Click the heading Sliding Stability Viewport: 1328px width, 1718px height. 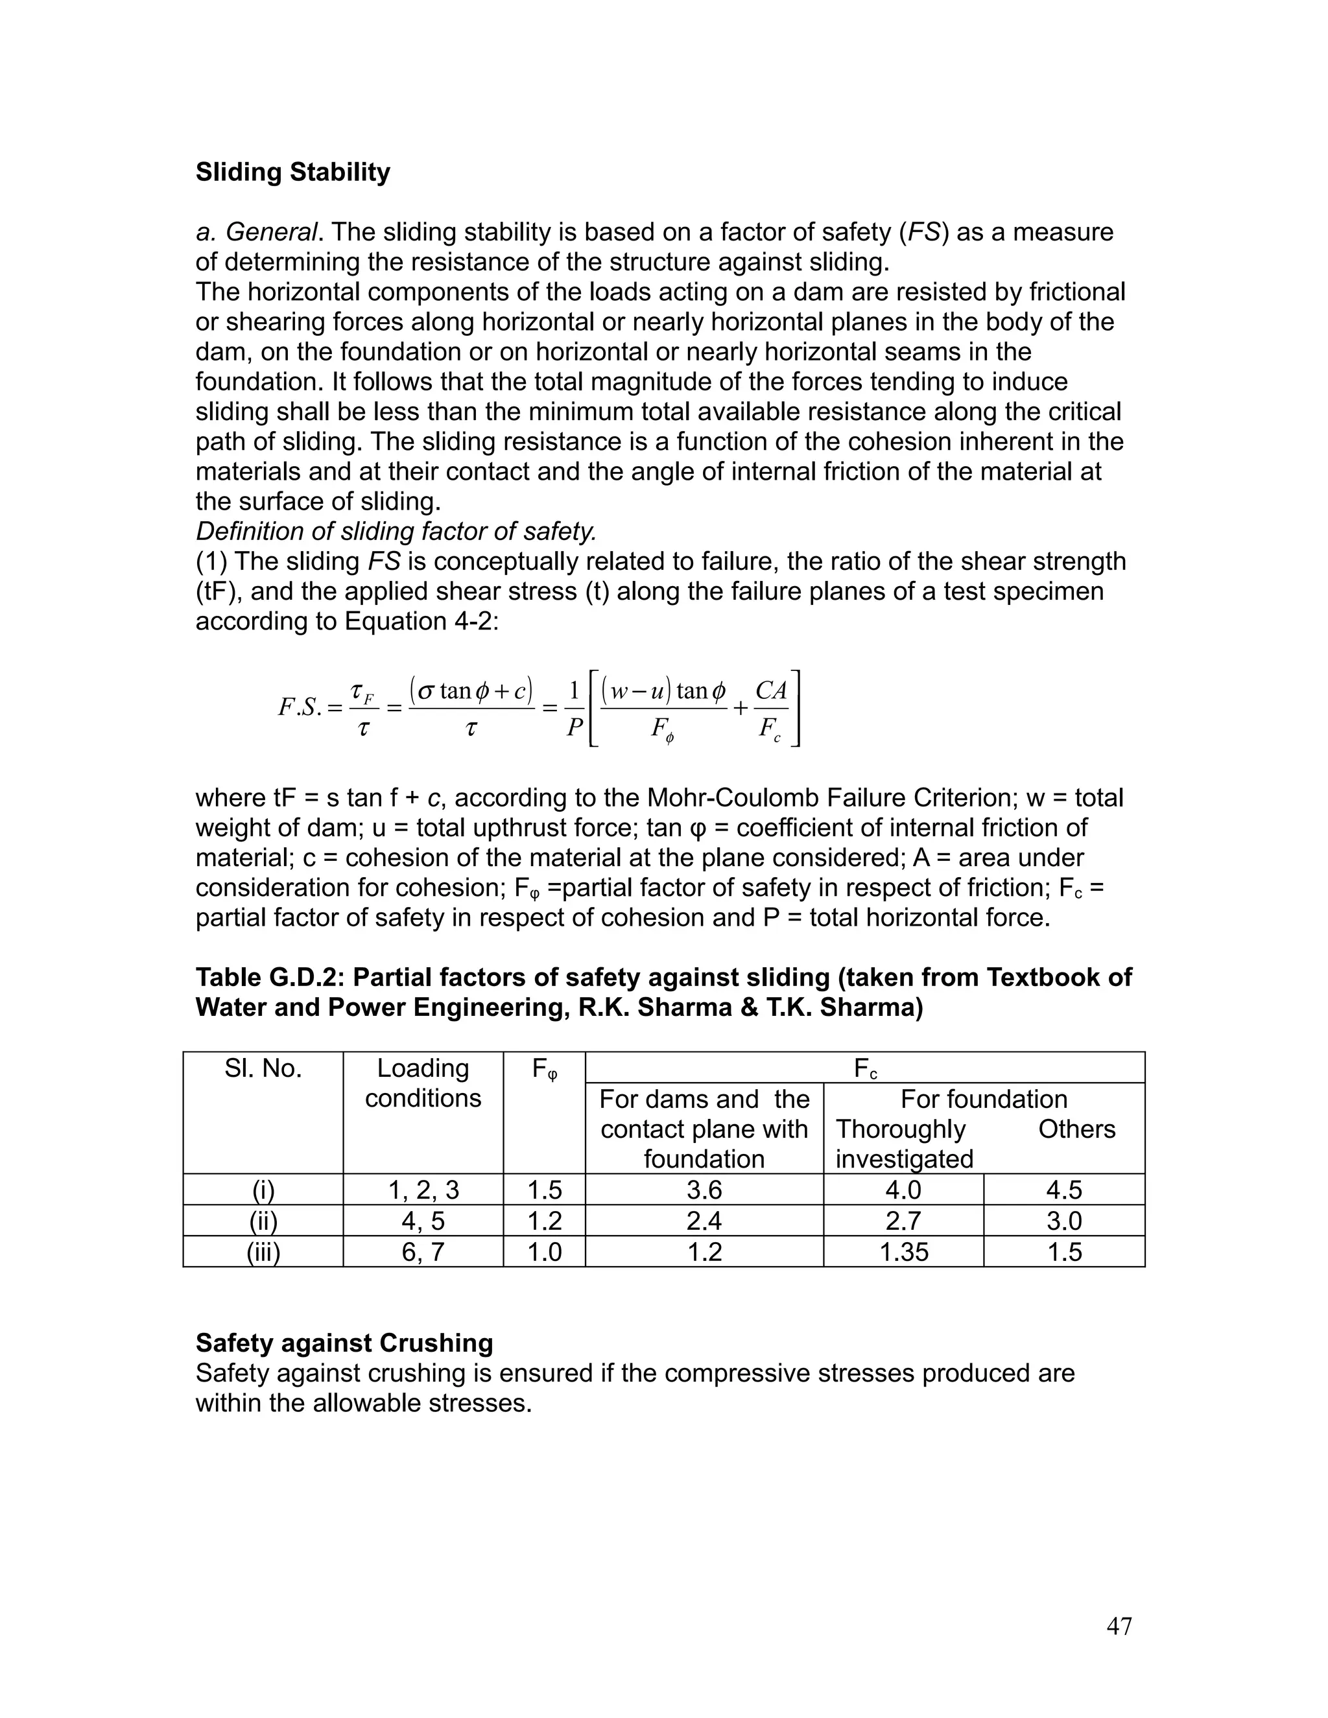point(292,172)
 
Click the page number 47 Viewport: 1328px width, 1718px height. point(1119,1626)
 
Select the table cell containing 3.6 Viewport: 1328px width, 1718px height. point(704,1190)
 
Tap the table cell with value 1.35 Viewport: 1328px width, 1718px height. point(903,1251)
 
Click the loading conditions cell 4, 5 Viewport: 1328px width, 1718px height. point(423,1221)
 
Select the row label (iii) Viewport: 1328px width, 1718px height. point(263,1251)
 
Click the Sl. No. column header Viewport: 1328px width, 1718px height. point(263,1068)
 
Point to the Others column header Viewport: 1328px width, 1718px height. point(1076,1129)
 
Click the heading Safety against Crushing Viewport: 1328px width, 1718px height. point(344,1343)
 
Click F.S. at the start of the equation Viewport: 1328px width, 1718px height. point(300,707)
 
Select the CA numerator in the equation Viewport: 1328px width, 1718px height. point(770,690)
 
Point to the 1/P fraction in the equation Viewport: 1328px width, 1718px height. point(575,708)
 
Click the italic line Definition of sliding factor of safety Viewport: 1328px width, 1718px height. point(396,532)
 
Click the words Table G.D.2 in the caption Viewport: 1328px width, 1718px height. point(269,977)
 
